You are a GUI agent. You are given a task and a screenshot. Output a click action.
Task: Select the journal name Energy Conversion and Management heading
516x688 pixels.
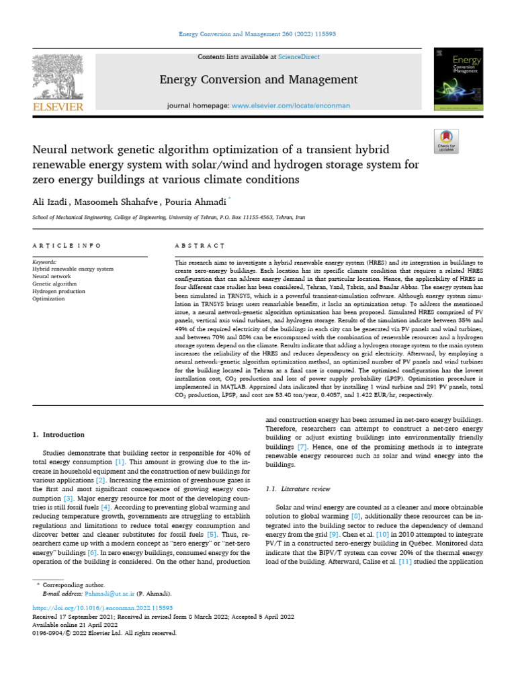pyautogui.click(x=258, y=80)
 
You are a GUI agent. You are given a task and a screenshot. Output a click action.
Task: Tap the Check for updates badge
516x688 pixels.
pyautogui.click(x=446, y=140)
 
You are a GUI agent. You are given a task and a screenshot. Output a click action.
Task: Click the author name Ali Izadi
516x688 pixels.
pyautogui.click(x=51, y=200)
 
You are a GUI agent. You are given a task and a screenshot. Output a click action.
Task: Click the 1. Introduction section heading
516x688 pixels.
pyautogui.click(x=59, y=435)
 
